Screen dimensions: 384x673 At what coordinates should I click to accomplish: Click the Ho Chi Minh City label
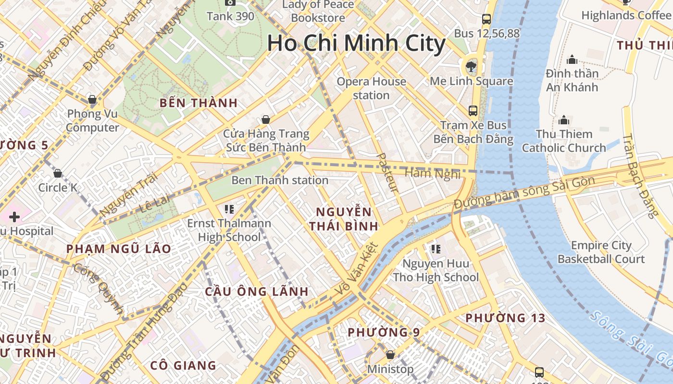tap(356, 43)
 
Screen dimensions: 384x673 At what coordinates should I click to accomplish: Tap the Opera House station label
tap(371, 88)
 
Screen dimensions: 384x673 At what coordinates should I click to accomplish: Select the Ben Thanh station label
tap(280, 180)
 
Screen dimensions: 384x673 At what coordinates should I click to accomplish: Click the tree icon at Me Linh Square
tap(471, 66)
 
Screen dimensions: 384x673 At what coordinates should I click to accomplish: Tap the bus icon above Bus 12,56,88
tap(486, 19)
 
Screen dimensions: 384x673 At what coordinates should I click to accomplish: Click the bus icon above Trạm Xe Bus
tap(473, 111)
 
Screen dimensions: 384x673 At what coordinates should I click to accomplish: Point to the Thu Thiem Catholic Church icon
tap(564, 120)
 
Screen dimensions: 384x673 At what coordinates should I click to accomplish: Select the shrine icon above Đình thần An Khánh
tap(572, 60)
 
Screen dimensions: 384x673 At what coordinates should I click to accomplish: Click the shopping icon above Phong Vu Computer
tap(92, 100)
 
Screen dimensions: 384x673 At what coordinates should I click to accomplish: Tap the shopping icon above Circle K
tap(58, 173)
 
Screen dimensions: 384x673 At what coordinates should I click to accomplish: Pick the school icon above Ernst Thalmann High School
tap(229, 209)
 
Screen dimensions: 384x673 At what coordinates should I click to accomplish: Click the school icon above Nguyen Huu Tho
tap(436, 249)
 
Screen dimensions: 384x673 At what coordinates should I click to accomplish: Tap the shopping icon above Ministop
tap(390, 355)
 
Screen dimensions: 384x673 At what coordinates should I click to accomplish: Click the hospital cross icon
tap(14, 217)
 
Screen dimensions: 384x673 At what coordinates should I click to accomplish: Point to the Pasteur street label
tap(387, 173)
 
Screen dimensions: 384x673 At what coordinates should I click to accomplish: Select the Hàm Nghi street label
tap(433, 173)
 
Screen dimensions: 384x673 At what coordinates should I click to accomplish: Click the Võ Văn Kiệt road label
tap(356, 269)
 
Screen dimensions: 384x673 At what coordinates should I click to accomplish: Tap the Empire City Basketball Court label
tap(601, 252)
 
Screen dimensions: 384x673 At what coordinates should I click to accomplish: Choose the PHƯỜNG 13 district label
tap(505, 318)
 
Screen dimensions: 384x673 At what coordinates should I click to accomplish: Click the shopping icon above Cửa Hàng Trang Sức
tap(265, 119)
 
